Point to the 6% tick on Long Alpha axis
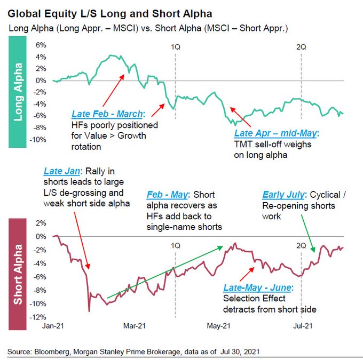[x=41, y=45]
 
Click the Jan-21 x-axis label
[x=53, y=324]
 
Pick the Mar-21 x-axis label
[x=135, y=324]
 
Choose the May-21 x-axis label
[x=218, y=324]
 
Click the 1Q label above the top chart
[x=175, y=46]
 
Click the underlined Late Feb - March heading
[x=107, y=114]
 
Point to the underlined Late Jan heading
[x=61, y=171]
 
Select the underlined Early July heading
[x=283, y=195]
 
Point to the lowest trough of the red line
[x=89, y=310]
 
